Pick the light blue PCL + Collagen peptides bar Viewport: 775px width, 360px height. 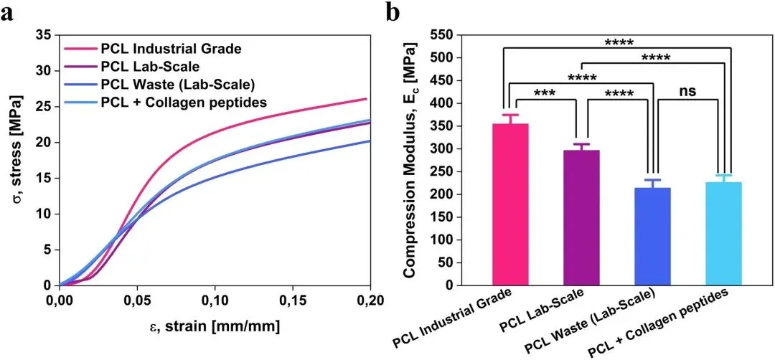(x=723, y=234)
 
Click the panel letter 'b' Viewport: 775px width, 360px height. (x=393, y=11)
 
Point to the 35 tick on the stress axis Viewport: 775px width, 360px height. (x=44, y=34)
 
